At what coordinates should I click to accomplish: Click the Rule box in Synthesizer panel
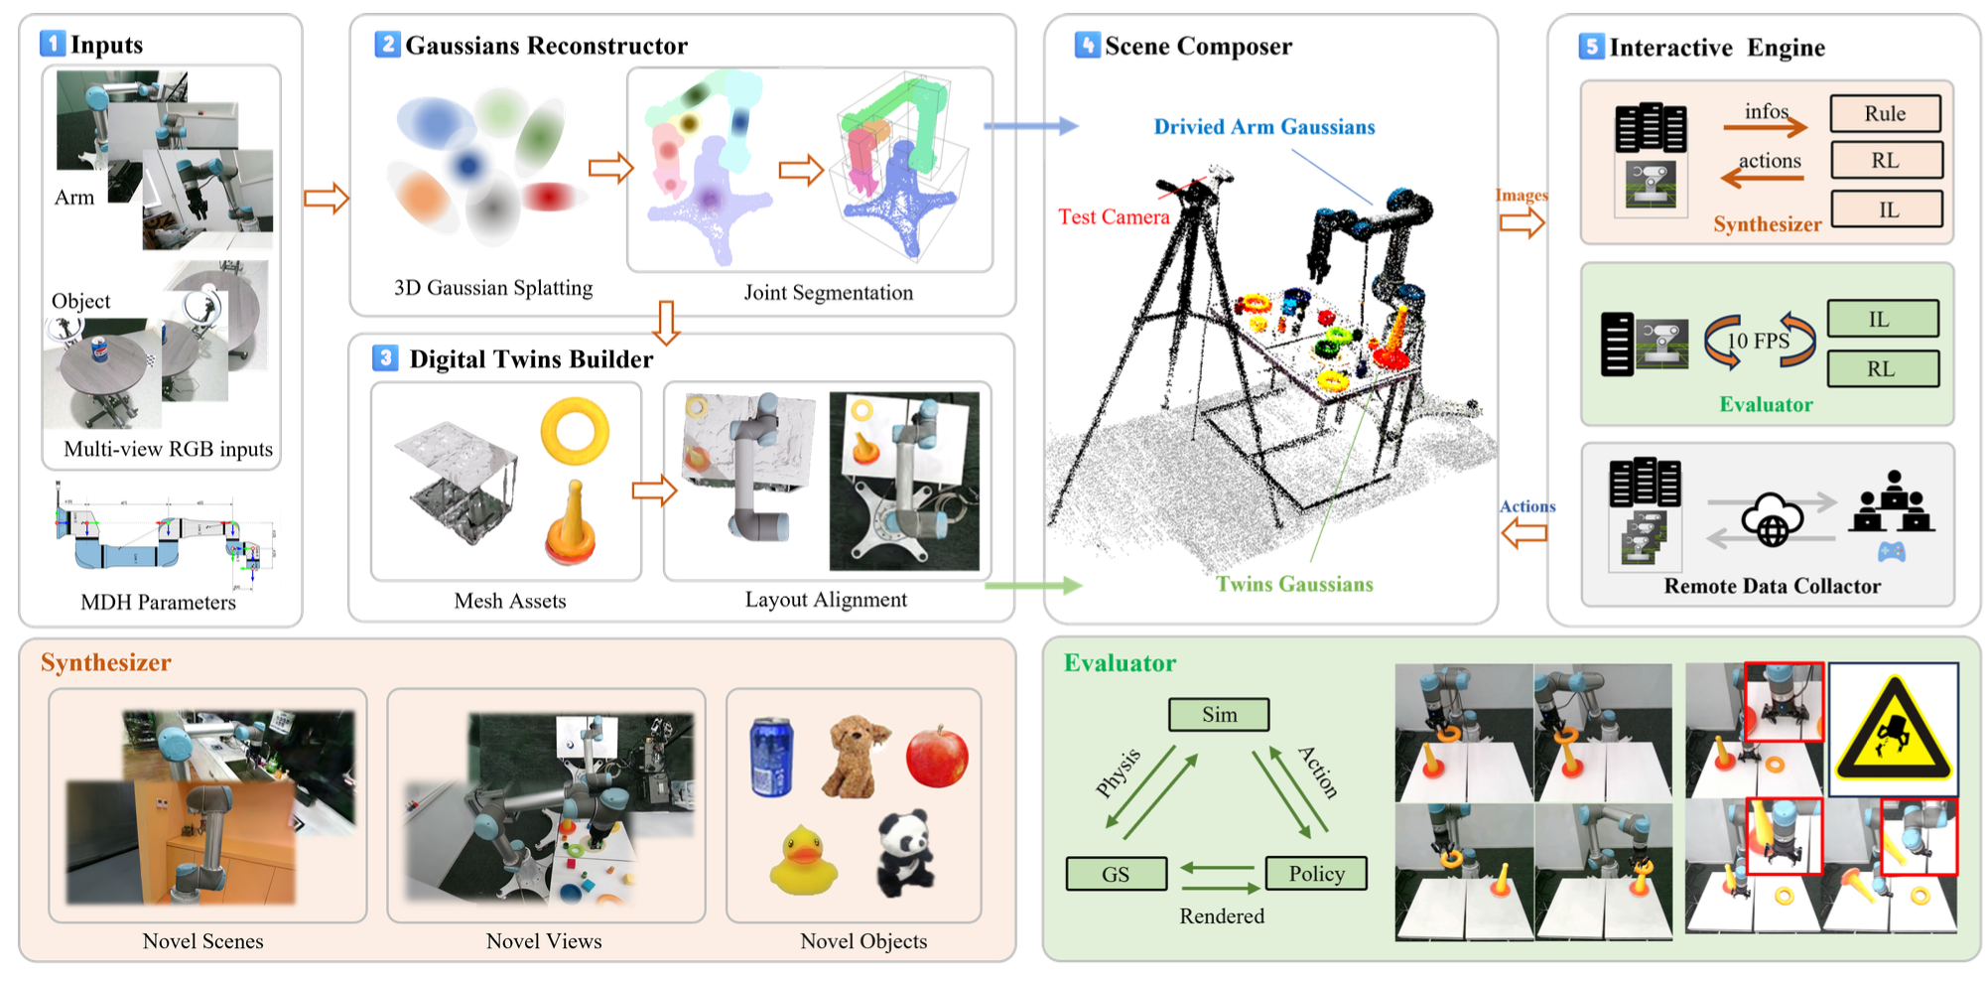pos(1885,113)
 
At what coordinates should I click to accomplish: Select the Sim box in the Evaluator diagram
pos(1219,715)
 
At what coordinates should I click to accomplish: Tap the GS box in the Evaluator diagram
pos(1116,874)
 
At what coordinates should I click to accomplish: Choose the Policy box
pos(1316,874)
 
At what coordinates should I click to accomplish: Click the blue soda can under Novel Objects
pos(771,758)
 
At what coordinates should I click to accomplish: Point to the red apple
pos(937,756)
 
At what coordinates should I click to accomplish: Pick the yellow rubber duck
pos(803,860)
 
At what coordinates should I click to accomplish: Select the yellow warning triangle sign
pos(1893,729)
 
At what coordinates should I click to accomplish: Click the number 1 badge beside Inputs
pos(53,44)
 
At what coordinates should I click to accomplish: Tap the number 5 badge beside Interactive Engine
pos(1592,46)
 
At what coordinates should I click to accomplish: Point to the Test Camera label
pos(1114,216)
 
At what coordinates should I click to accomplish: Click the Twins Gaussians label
pos(1294,584)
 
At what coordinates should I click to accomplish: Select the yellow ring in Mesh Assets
pos(575,432)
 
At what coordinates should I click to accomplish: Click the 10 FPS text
pos(1758,341)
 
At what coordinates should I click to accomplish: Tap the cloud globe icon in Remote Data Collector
pos(1772,519)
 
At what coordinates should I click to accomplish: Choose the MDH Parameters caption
pos(159,602)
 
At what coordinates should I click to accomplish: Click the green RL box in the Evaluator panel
pos(1882,368)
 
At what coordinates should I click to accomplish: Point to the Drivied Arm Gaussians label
pos(1263,126)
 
